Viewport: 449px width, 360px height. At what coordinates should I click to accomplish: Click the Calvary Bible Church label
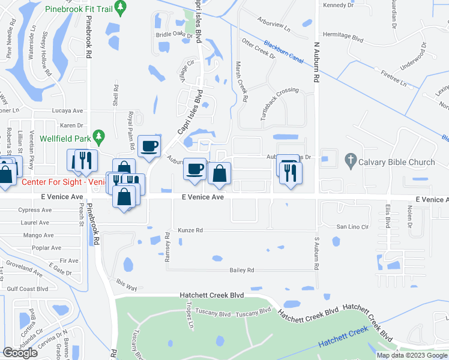pos(397,162)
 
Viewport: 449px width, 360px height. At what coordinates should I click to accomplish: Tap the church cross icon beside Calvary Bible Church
pos(351,160)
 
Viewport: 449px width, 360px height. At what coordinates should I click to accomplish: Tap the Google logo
pos(20,353)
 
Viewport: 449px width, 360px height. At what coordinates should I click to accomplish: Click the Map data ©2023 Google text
pos(411,355)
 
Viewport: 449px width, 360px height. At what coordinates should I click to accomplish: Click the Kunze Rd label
pos(190,230)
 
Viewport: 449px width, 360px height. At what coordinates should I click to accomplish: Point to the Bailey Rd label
pos(242,270)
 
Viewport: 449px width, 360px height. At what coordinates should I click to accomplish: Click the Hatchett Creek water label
pos(343,337)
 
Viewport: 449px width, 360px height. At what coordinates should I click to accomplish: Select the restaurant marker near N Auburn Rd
pos(291,173)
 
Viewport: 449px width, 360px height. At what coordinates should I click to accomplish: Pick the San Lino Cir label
pos(352,227)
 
